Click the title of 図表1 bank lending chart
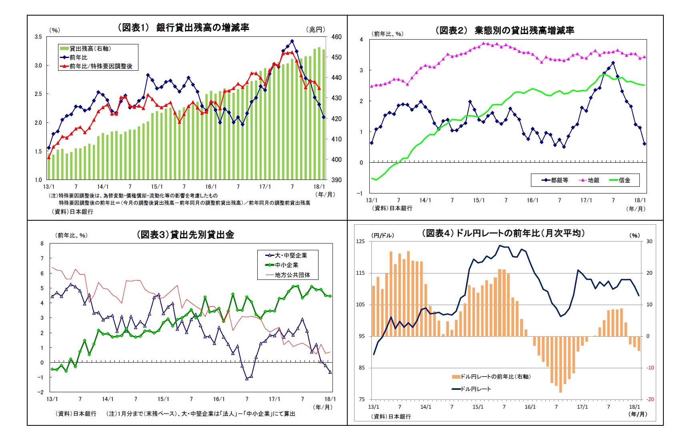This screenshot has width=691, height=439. click(x=183, y=27)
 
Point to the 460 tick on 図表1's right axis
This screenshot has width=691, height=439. click(x=336, y=37)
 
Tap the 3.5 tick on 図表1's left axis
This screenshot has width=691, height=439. click(x=38, y=37)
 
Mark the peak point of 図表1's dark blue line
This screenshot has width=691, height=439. click(x=292, y=41)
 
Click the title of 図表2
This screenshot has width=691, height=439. click(x=505, y=30)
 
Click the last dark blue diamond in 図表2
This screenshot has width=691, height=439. click(x=644, y=144)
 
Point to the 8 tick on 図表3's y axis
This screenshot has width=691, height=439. click(x=42, y=243)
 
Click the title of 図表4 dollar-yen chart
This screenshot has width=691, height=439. click(x=503, y=233)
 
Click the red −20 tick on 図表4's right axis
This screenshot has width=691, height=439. click(x=650, y=399)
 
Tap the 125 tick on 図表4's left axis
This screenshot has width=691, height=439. click(x=361, y=241)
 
